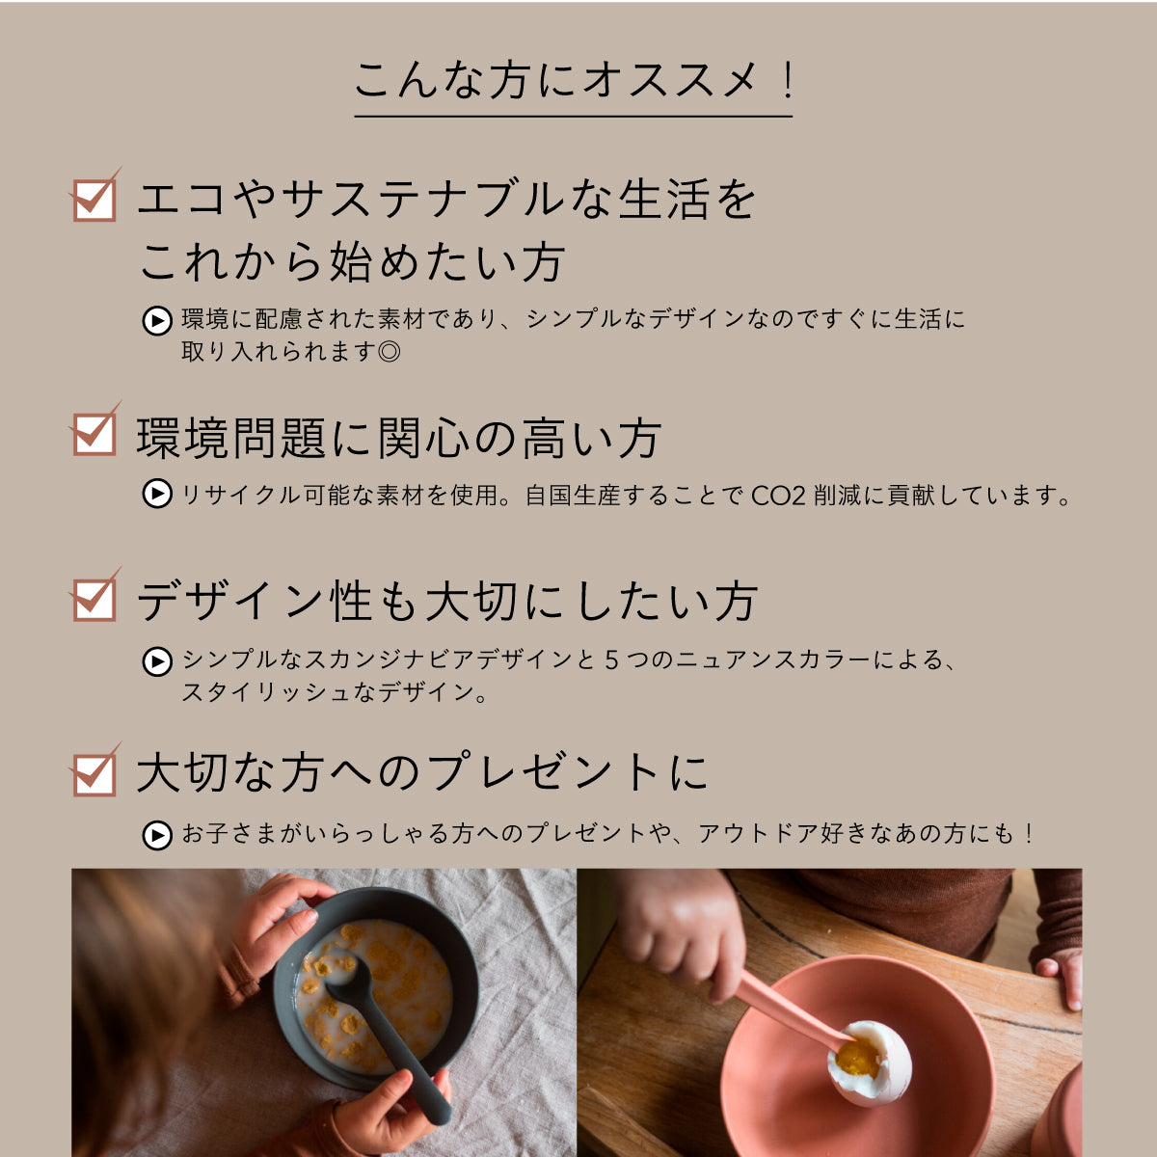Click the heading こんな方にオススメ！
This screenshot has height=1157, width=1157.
click(573, 81)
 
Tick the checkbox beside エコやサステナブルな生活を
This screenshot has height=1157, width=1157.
click(94, 200)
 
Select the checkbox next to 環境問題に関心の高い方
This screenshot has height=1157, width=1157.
click(94, 434)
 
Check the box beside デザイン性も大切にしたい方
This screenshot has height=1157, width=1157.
click(94, 599)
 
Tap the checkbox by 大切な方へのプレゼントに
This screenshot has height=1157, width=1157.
click(94, 774)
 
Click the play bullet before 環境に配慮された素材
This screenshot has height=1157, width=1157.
click(157, 320)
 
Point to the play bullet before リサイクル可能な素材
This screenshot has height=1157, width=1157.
click(157, 495)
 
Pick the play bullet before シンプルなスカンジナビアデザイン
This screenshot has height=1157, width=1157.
click(157, 661)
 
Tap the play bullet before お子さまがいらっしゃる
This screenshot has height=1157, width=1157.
click(157, 835)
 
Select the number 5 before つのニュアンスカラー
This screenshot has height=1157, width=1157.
click(611, 661)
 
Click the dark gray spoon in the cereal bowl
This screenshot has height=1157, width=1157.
click(386, 1041)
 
